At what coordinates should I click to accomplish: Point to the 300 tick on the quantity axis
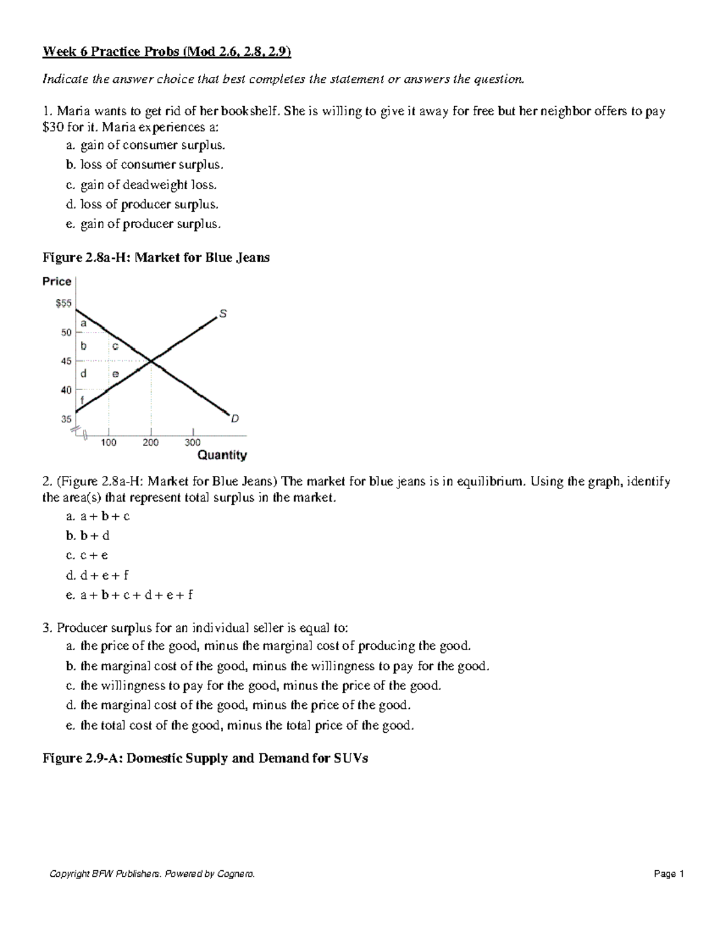pos(193,442)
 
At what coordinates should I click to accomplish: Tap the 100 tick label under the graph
pos(109,442)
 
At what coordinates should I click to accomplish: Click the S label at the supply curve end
pos(223,313)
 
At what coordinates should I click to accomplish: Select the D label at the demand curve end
pos(235,419)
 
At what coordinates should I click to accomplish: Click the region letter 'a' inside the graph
pos(83,323)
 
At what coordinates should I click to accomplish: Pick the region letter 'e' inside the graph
pos(115,373)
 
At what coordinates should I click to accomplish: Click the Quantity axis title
pos(222,455)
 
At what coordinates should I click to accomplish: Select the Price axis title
pos(57,281)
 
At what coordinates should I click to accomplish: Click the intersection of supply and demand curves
pos(151,361)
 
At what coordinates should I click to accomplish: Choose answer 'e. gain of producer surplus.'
pos(143,224)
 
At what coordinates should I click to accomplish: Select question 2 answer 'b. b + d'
pos(88,535)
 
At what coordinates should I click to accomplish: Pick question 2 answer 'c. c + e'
pos(88,555)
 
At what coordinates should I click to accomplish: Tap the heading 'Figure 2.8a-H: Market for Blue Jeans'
pos(156,257)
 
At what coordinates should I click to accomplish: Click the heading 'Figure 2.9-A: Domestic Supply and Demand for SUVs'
pos(205,758)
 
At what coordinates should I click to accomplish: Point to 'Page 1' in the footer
pos(669,874)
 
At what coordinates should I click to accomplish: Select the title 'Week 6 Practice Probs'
pos(110,52)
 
